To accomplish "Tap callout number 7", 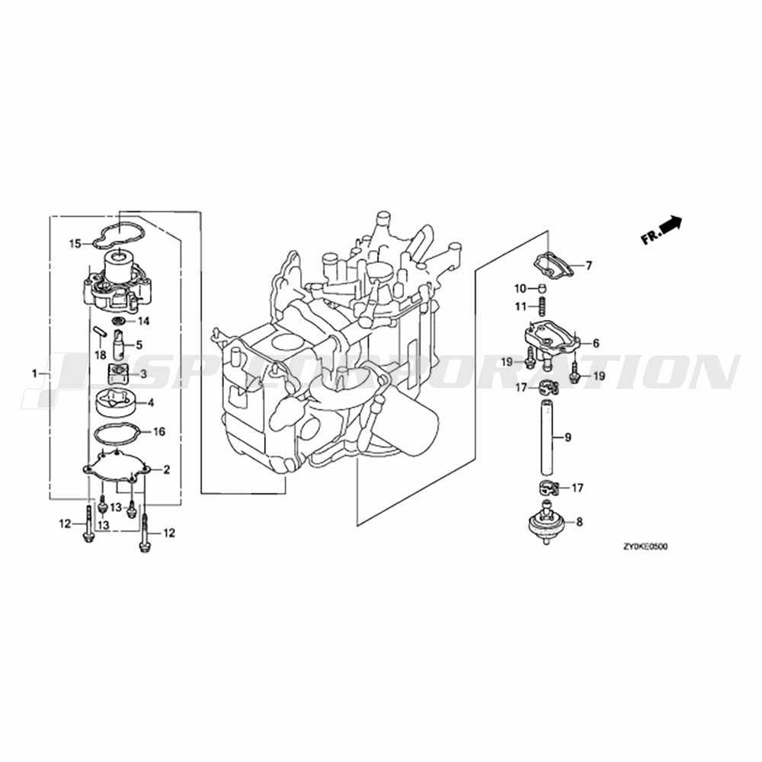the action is (588, 266).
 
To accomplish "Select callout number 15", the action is (75, 244).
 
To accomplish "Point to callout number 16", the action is (159, 431).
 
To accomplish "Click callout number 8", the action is (579, 523).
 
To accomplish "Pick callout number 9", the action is (568, 437).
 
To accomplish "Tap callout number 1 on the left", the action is (34, 373).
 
